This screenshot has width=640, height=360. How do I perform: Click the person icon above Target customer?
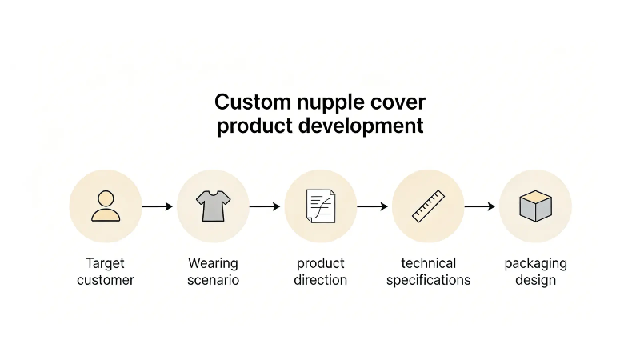click(106, 206)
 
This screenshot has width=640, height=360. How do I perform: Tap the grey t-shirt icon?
click(213, 206)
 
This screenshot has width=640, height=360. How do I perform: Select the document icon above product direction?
click(320, 206)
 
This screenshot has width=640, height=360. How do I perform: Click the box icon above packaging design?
click(535, 206)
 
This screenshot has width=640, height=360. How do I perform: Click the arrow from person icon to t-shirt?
click(158, 206)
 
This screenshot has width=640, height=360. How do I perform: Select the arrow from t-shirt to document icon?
click(265, 206)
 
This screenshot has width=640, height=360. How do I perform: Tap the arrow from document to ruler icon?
click(373, 206)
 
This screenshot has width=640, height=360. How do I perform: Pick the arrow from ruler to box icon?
click(480, 206)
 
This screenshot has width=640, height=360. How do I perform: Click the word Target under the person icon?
click(106, 263)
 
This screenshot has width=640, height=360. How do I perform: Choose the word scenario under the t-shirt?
click(213, 280)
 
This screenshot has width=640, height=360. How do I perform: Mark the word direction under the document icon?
click(320, 280)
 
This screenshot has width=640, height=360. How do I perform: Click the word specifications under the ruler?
click(428, 281)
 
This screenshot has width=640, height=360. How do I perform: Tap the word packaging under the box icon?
click(535, 264)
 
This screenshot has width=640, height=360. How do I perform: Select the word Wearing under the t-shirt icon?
click(213, 263)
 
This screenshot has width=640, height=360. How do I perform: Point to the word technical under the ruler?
click(428, 263)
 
